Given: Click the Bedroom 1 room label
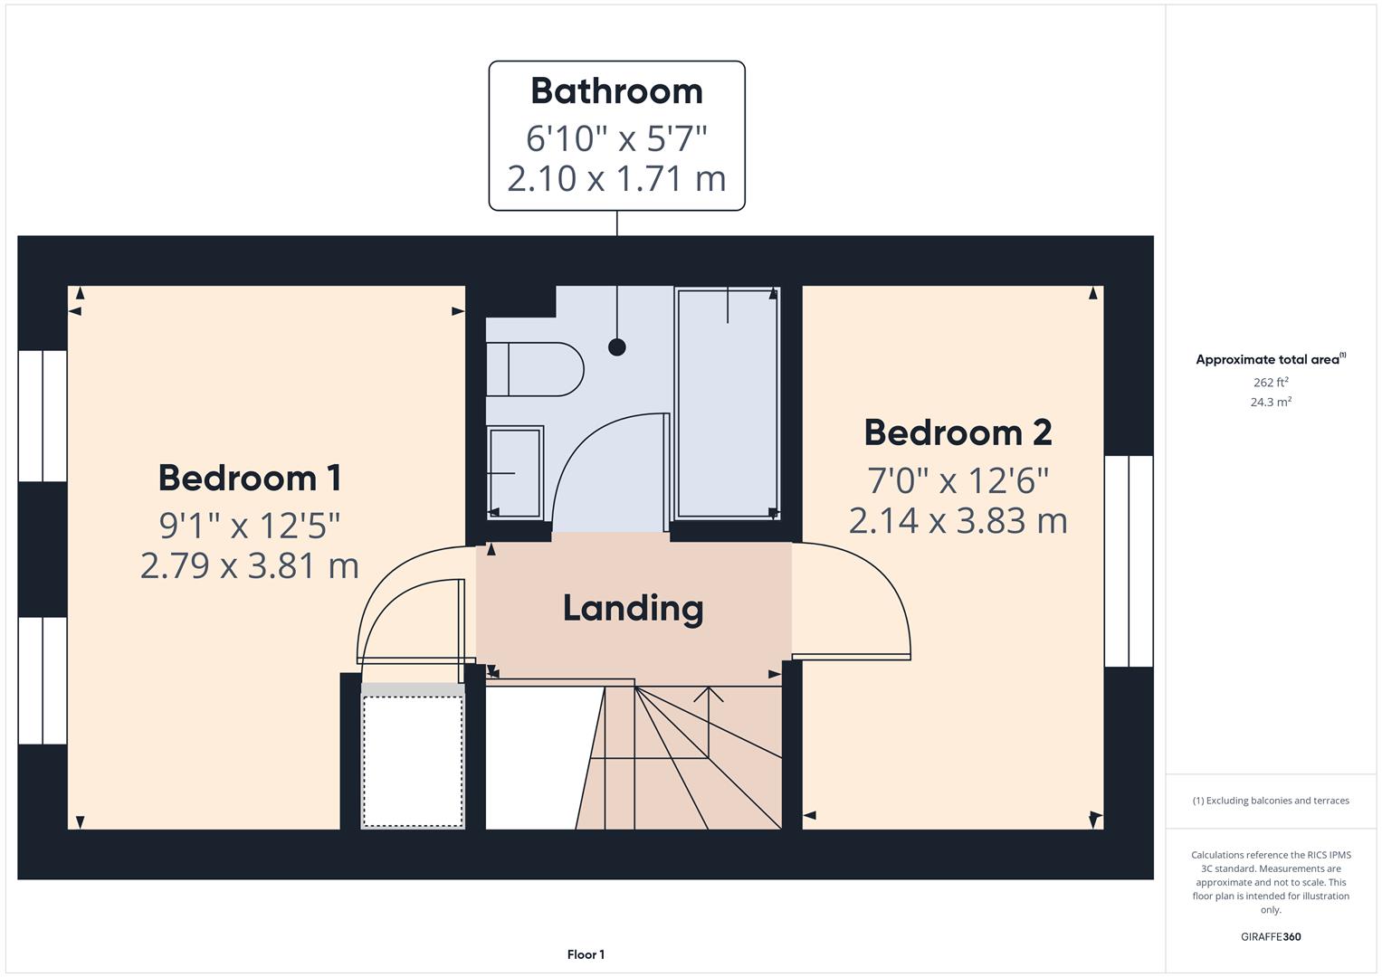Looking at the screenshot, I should [249, 478].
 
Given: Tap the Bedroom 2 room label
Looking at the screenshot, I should [958, 432].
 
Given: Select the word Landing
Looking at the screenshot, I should [633, 608].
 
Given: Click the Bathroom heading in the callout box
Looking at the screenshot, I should [616, 90].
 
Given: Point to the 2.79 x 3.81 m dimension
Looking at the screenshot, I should [250, 565].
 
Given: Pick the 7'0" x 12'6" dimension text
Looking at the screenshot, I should [958, 480].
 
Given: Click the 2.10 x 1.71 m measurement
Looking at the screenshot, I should [616, 178].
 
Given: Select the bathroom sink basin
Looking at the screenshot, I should [515, 472].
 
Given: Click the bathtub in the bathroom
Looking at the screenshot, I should [727, 403].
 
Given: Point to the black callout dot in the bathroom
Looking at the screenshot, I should [617, 346].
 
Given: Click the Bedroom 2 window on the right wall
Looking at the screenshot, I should [1129, 561].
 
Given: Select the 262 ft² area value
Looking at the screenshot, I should [1271, 382].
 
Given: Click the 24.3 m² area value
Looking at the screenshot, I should [1271, 402].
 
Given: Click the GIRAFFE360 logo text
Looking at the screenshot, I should [1271, 936].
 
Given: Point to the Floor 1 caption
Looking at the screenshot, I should [586, 954].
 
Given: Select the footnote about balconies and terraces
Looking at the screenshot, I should [1271, 801].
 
